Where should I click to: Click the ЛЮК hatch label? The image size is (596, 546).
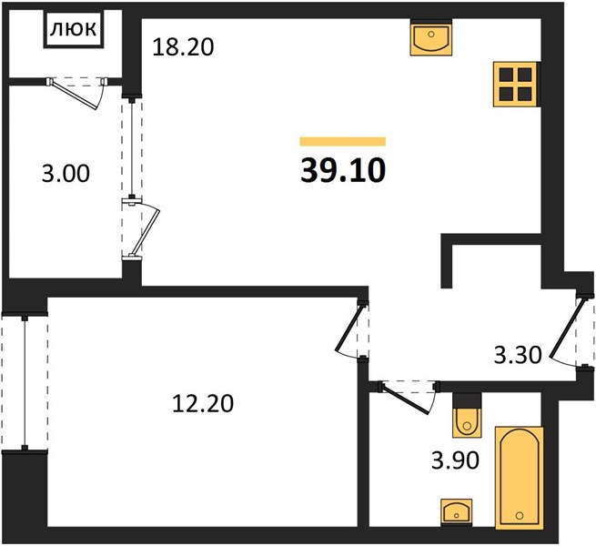click(74, 29)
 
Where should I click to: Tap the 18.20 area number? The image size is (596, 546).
click(183, 47)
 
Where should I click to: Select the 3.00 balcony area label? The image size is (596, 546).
click(66, 174)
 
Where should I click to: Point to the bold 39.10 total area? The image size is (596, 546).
click(343, 170)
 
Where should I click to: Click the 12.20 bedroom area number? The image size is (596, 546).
click(203, 403)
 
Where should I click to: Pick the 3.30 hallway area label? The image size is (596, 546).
click(518, 356)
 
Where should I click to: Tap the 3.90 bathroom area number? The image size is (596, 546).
click(455, 460)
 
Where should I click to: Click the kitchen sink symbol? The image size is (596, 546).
click(431, 37)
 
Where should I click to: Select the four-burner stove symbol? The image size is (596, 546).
click(516, 84)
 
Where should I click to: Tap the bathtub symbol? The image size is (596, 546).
click(520, 478)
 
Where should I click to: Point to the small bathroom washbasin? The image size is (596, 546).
click(456, 513)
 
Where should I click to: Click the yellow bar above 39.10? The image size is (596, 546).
click(343, 141)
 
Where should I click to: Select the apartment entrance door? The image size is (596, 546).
click(563, 330)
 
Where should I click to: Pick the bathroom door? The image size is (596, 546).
click(406, 399)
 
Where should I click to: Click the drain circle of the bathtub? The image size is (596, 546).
click(520, 516)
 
